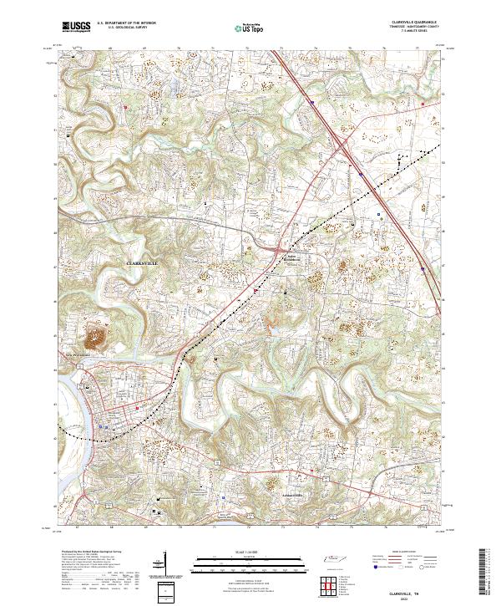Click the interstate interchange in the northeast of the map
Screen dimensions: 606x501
(x=343, y=145)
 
